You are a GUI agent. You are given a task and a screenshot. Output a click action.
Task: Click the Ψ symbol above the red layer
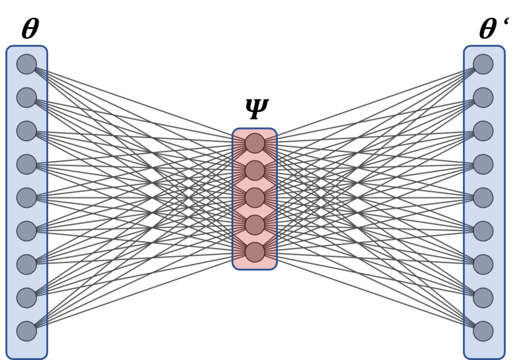(256, 108)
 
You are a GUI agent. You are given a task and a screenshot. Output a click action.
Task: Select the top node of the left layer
(27, 64)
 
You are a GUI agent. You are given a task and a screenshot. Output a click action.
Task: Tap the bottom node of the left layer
(27, 331)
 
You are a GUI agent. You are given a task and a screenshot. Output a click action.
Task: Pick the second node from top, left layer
(27, 98)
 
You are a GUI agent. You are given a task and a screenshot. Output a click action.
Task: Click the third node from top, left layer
(27, 131)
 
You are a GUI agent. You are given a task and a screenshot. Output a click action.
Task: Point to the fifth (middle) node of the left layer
(27, 198)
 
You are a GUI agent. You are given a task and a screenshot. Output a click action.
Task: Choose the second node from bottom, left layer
(27, 298)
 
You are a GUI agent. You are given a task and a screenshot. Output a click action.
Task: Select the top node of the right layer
(483, 64)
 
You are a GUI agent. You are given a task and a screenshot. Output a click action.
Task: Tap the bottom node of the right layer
(483, 331)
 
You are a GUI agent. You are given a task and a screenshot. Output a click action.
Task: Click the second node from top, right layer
(483, 98)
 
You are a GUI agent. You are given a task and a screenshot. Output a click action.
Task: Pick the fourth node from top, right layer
(483, 164)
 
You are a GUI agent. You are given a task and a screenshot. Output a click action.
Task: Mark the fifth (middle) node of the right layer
(483, 198)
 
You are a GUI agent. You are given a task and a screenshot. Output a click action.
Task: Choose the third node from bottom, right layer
(483, 264)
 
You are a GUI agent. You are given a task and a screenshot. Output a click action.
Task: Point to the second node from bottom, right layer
(483, 298)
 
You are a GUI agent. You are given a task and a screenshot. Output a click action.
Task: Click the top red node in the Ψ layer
(255, 143)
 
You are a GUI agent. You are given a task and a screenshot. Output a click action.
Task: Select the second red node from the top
(255, 170)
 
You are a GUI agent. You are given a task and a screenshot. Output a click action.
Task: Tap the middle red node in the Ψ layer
(255, 198)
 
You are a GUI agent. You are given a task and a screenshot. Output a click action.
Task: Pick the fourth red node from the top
(255, 225)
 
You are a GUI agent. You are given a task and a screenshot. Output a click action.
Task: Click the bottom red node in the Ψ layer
(255, 252)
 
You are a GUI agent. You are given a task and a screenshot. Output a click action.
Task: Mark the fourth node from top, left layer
(27, 164)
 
